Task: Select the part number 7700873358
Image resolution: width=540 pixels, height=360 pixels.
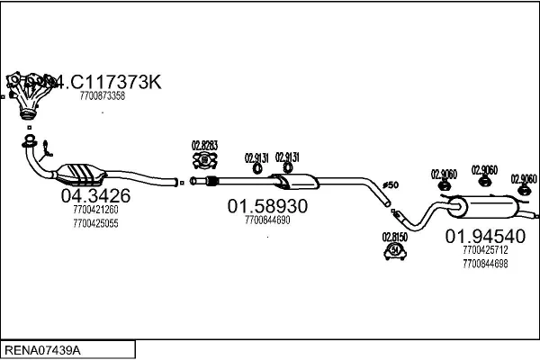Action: coord(103,95)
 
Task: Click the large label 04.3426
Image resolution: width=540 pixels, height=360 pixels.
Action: coord(95,195)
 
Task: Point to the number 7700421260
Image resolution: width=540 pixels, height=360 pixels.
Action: coord(95,210)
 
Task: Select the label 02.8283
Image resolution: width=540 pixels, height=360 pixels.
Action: coord(204,144)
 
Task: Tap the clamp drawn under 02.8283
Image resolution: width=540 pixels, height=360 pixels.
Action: coord(204,161)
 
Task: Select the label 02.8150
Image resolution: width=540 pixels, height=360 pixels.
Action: coord(395,238)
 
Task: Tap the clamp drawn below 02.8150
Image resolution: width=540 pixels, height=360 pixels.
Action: coord(394,253)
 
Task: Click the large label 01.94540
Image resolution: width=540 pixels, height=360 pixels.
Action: coord(484,237)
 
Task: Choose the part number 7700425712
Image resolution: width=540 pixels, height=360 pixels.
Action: coord(484,250)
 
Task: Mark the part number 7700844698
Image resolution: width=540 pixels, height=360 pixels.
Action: coord(484,263)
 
